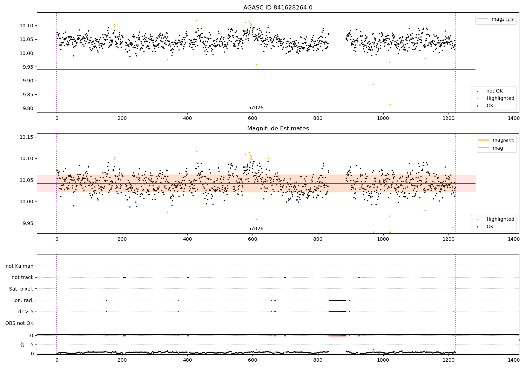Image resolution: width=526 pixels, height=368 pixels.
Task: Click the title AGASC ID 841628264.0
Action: tap(278, 8)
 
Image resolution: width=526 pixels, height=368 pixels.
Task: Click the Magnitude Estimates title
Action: tap(278, 129)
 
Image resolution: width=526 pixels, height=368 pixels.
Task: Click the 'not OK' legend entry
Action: tap(494, 91)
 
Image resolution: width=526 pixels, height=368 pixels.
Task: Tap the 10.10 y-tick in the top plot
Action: tap(27, 26)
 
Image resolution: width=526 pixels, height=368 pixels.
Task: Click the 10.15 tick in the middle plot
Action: tap(27, 137)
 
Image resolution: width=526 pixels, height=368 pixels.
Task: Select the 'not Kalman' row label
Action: tap(20, 266)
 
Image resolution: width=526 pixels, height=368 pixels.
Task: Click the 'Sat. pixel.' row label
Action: tap(21, 289)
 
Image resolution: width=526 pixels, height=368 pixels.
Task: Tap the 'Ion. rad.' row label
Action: tap(23, 300)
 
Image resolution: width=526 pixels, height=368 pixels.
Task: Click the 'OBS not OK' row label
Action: tap(19, 323)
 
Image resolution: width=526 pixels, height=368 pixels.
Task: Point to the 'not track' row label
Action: tap(22, 277)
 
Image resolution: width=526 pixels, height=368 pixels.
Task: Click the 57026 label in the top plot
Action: tap(256, 108)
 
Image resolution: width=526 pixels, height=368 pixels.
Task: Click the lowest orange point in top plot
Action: tap(390, 104)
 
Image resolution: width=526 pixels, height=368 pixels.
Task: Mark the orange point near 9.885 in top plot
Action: tap(373, 84)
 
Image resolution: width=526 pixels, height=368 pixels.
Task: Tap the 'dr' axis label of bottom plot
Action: tap(23, 345)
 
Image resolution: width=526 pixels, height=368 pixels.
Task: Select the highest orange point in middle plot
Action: tap(197, 151)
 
